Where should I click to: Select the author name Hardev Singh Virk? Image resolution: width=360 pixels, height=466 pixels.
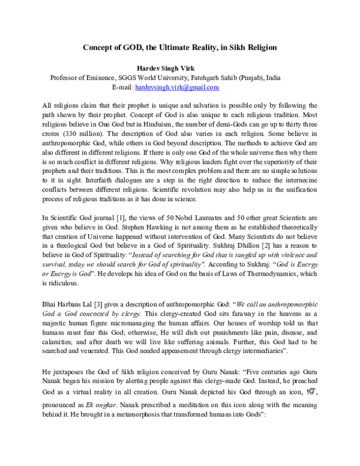[180, 68]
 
